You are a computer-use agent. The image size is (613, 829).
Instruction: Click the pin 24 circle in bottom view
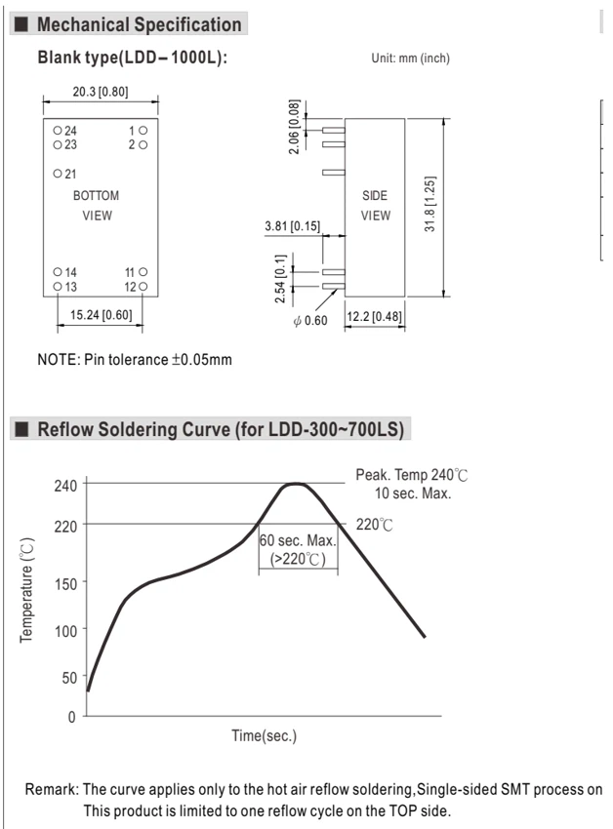click(58, 130)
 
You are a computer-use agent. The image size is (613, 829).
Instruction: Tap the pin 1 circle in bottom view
click(143, 130)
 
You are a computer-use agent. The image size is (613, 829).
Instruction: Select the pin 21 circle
click(58, 173)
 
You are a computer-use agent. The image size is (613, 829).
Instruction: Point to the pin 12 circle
click(143, 287)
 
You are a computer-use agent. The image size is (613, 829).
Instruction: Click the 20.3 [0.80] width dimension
click(101, 92)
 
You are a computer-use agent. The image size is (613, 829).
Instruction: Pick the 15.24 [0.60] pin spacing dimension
click(102, 315)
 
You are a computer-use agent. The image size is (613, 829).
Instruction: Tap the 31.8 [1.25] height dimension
click(429, 204)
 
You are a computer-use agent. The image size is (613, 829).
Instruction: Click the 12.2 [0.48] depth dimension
click(374, 317)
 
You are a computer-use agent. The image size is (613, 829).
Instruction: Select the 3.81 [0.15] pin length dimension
click(293, 226)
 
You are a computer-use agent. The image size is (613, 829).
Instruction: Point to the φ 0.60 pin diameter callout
click(310, 321)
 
